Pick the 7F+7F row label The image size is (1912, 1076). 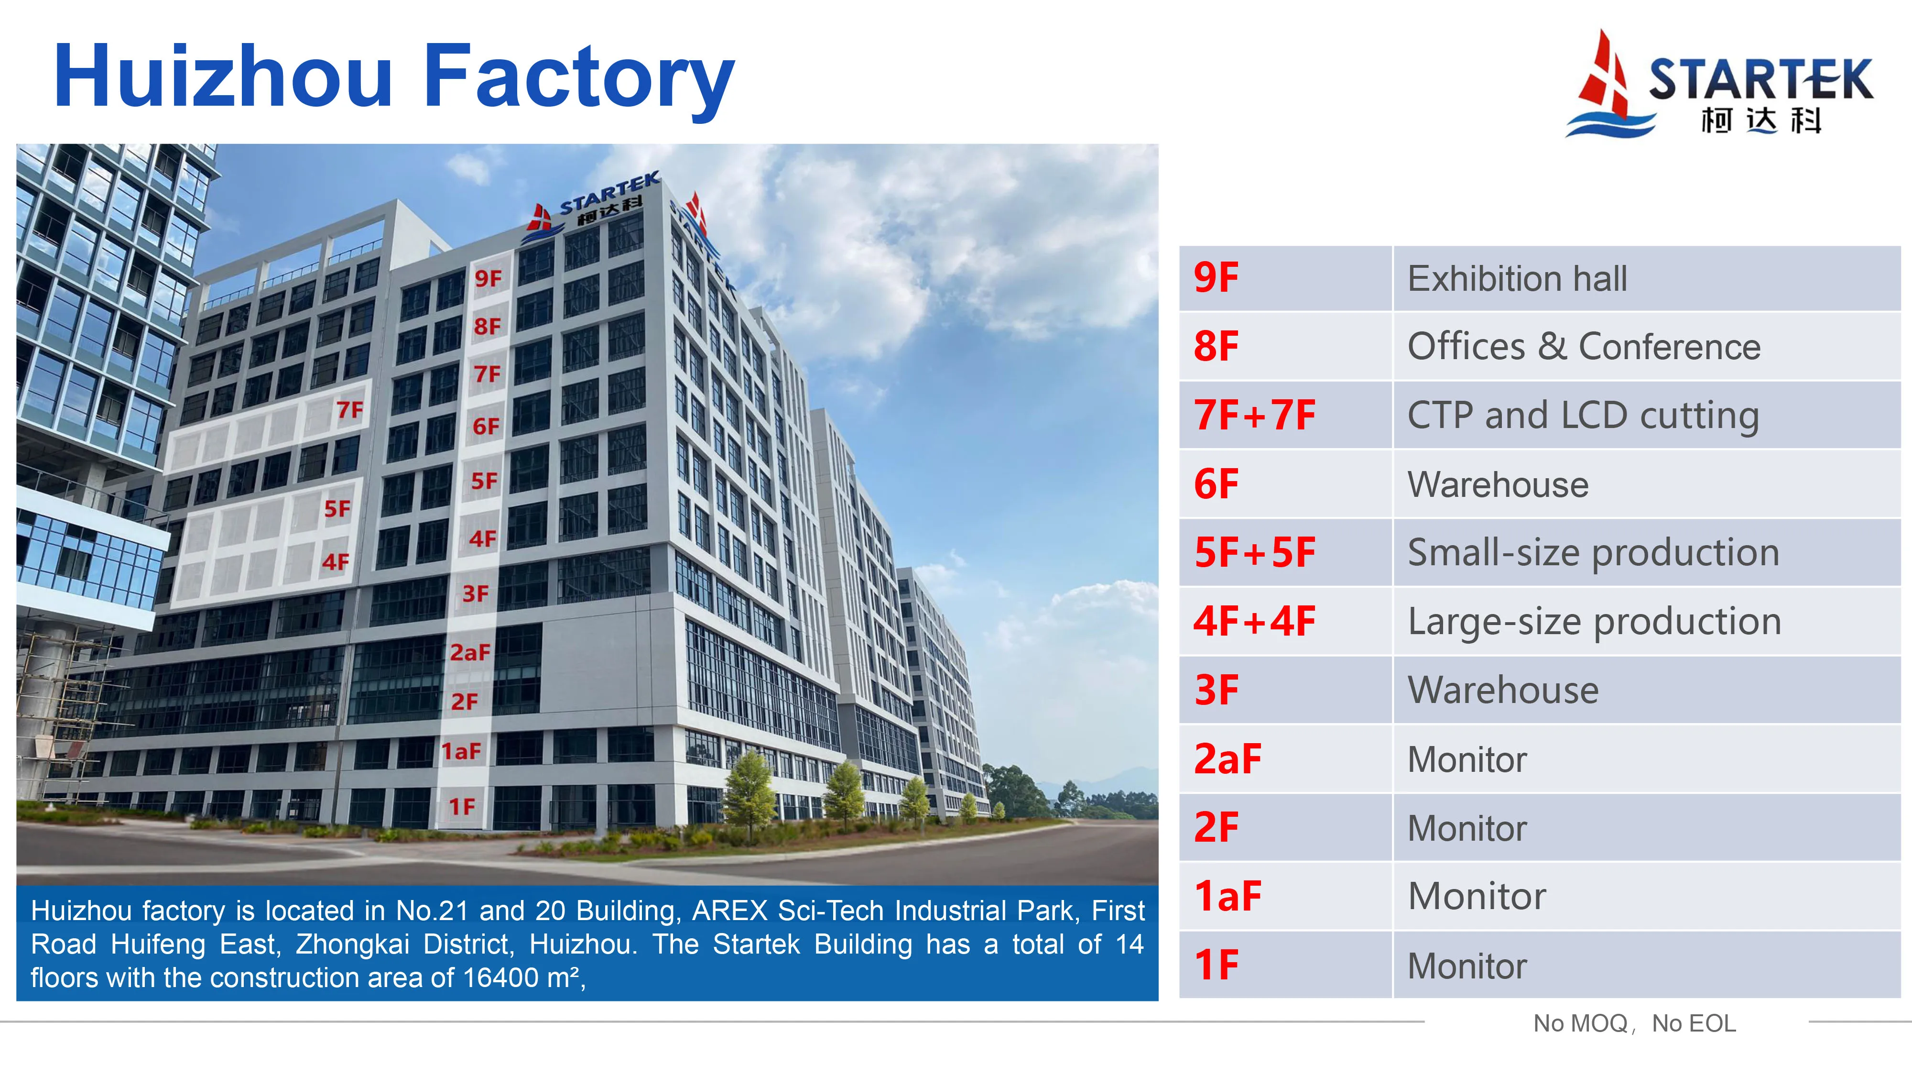pos(1254,415)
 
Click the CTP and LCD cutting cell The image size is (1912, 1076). pos(1583,415)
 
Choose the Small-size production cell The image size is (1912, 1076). pos(1593,552)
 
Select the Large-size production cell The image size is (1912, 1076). pos(1594,622)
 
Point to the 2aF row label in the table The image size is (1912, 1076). pos(1227,759)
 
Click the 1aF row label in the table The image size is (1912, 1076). pos(1227,896)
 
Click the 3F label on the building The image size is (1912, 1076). pos(475,594)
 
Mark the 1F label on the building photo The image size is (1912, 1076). pos(462,806)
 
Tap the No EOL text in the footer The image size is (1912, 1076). pos(1693,1023)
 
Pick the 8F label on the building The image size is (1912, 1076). pos(487,326)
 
